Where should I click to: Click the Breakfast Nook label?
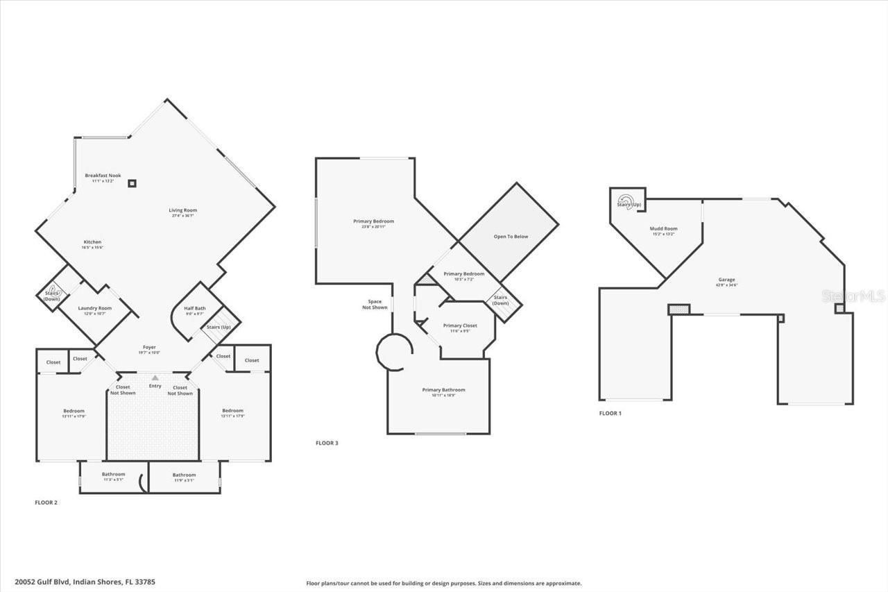click(103, 176)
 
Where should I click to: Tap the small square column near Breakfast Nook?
click(133, 183)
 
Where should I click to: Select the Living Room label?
click(183, 210)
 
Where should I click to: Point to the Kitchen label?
click(93, 242)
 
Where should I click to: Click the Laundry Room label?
click(94, 308)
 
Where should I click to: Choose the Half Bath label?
click(194, 308)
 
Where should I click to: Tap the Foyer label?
click(149, 347)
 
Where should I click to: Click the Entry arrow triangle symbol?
click(155, 378)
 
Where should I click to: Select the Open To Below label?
click(511, 237)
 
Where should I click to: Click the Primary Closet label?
click(460, 325)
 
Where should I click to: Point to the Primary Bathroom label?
click(443, 390)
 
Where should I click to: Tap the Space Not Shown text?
click(375, 305)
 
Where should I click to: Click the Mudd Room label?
click(663, 228)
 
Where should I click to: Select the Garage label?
click(726, 280)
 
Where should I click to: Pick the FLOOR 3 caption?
click(327, 443)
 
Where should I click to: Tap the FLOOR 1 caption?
click(610, 413)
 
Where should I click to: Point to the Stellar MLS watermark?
click(853, 296)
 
